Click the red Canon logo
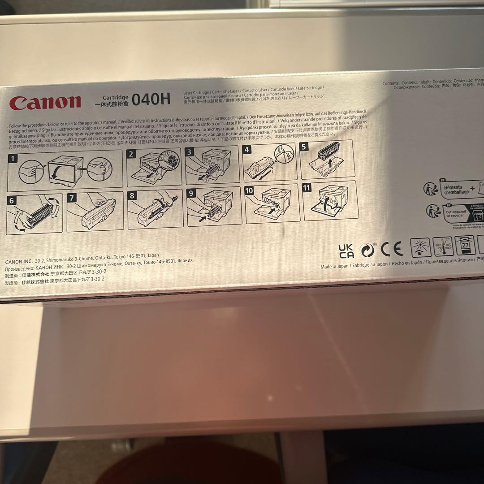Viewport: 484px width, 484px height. pos(45,103)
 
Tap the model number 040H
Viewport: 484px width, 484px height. pos(151,99)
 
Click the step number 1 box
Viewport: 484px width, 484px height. pos(14,159)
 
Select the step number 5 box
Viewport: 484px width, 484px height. pos(304,147)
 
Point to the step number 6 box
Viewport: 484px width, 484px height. pos(12,201)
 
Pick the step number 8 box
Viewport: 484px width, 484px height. pos(132,195)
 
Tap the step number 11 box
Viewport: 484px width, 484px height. pos(307,188)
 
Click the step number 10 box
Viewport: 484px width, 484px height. pos(249,191)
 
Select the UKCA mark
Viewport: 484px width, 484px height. pos(346,251)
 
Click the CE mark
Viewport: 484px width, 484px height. pos(391,249)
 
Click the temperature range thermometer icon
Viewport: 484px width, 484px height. pos(443,247)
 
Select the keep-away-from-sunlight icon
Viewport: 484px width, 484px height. pos(420,247)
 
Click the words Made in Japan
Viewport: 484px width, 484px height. pos(334,266)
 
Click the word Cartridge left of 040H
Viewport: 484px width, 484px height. pos(115,97)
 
